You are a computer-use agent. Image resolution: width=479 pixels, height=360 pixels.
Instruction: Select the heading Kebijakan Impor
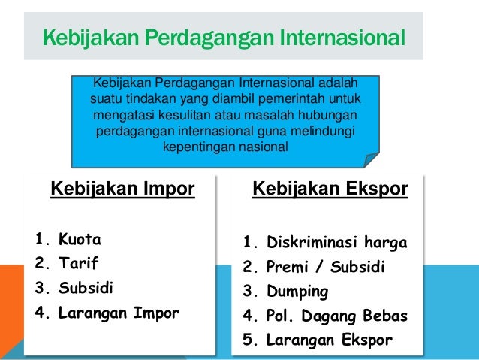pos(122,188)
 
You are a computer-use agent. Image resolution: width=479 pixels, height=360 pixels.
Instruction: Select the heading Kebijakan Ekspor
pos(330,188)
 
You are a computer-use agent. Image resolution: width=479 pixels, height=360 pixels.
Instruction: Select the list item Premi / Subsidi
pos(325,267)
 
